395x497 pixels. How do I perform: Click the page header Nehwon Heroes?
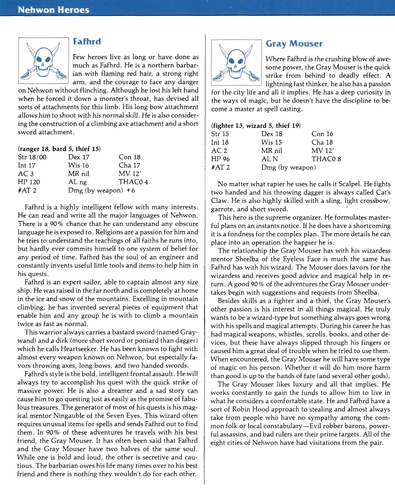coord(54,10)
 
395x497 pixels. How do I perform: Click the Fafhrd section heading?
coord(87,42)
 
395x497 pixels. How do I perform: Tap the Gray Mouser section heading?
coord(294,44)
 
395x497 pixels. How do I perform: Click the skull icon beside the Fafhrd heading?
coord(43,61)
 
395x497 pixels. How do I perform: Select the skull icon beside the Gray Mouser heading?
coord(236,63)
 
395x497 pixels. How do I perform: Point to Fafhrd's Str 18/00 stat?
coord(32,157)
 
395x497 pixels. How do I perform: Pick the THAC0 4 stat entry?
coord(133,182)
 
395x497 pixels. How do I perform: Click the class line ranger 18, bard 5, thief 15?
coord(59,149)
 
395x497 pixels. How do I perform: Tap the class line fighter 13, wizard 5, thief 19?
coord(256,126)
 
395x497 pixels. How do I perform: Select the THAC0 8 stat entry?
coord(326,159)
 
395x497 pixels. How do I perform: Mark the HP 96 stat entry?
coord(220,159)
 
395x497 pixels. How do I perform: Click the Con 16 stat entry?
coord(322,134)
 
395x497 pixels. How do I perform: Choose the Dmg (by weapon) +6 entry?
coord(101,191)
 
